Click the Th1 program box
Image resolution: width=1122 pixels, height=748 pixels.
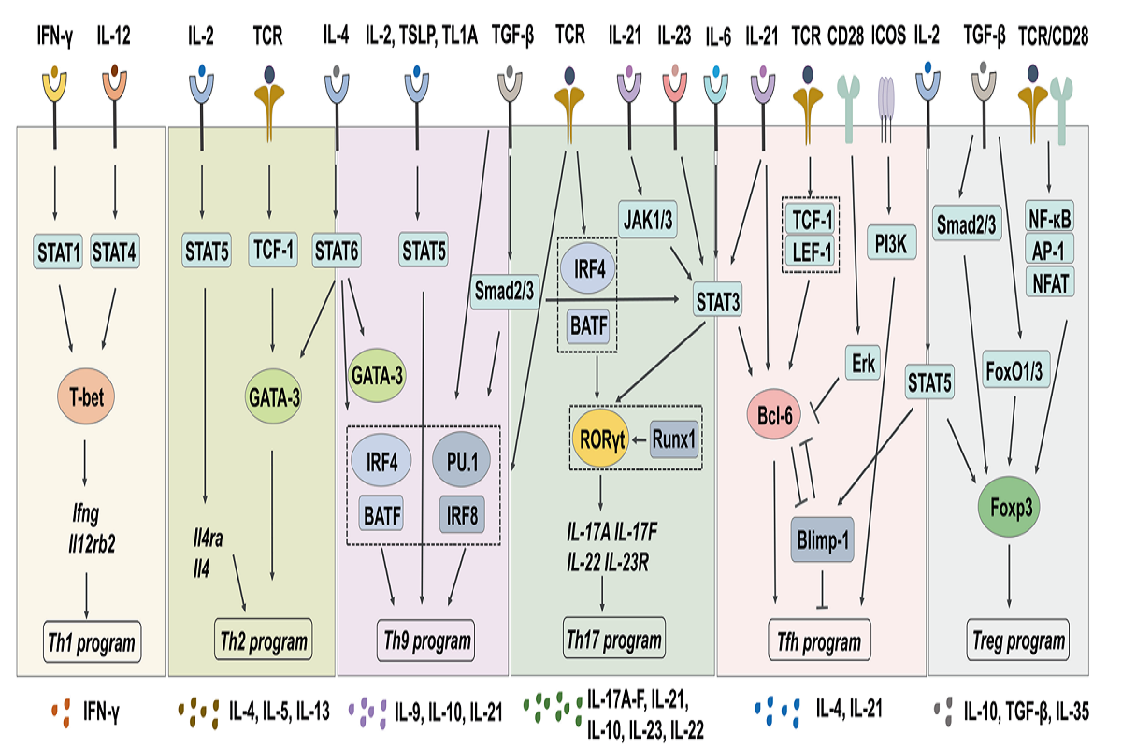click(x=91, y=643)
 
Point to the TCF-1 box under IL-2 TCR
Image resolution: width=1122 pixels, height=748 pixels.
click(x=272, y=250)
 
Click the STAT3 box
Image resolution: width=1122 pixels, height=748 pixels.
click(x=717, y=301)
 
